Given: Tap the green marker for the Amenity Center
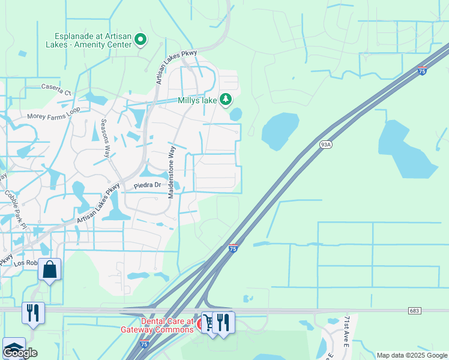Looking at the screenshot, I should click(140, 40).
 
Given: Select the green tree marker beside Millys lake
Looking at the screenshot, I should click(225, 99).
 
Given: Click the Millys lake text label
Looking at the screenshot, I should click(197, 100).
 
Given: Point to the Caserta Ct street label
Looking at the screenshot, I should click(56, 93).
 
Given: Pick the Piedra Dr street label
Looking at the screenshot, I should click(148, 185).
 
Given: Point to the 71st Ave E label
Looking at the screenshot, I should click(346, 334).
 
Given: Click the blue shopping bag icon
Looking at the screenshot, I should click(50, 270).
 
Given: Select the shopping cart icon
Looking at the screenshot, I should click(208, 322).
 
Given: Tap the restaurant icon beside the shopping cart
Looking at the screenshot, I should click(224, 322).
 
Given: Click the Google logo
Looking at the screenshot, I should click(20, 353).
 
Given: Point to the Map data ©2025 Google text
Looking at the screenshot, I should click(412, 355).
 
